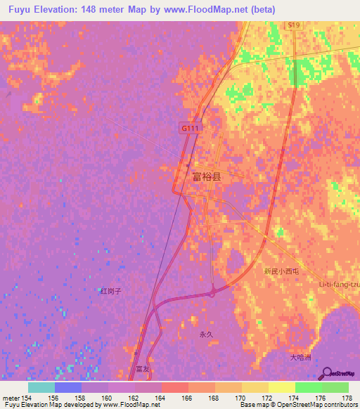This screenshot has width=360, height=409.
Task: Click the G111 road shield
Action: (189, 129)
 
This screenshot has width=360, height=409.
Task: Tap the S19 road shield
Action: (293, 25)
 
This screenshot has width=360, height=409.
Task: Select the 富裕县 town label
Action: (207, 178)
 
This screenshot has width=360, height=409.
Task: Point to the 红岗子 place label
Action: (111, 290)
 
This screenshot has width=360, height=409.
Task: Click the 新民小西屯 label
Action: (281, 271)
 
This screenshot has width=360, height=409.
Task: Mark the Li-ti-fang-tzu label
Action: (339, 285)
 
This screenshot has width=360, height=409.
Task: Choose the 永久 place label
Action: (206, 335)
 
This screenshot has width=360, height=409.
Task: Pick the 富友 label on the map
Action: (143, 369)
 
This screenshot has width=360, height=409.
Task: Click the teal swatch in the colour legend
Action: (41, 387)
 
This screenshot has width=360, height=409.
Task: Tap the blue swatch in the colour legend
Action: (68, 387)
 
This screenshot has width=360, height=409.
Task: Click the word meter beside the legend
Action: (11, 398)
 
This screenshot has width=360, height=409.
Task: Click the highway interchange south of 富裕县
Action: (213, 290)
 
